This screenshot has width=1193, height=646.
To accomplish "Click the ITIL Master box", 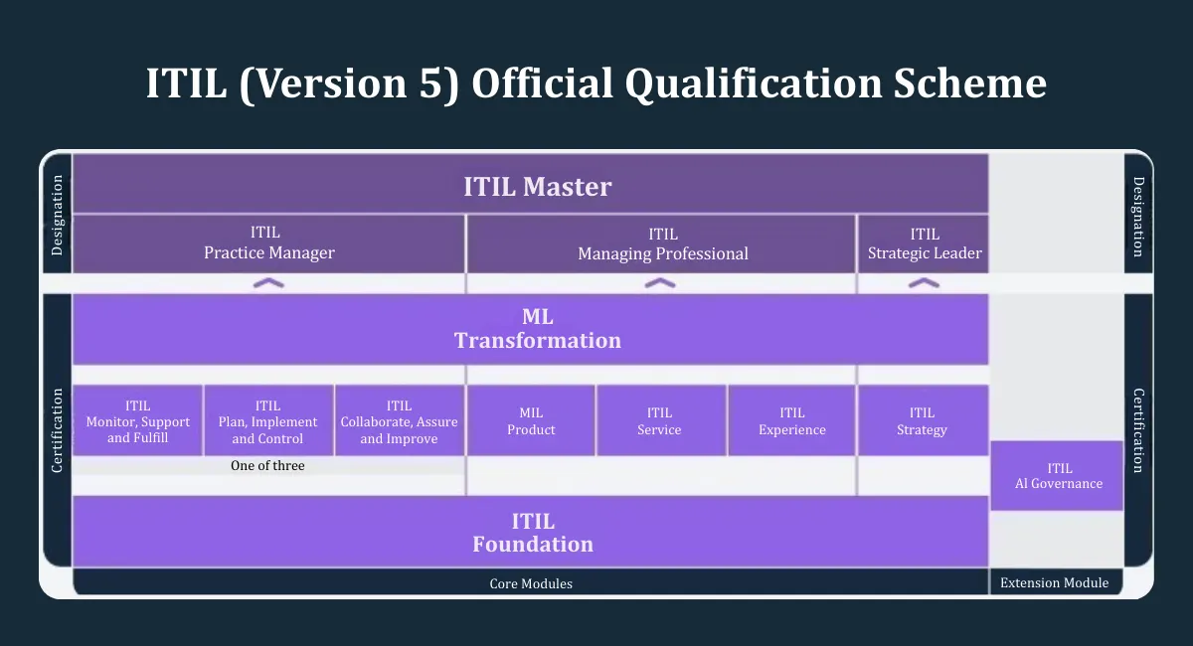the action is point(531,184).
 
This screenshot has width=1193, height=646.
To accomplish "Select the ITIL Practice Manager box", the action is point(268,243).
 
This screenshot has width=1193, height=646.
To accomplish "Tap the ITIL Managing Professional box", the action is point(661,243).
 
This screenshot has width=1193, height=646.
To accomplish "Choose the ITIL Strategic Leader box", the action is point(924,243).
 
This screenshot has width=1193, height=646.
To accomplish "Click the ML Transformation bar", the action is point(531,329).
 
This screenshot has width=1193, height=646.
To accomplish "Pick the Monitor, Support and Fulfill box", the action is point(137,420).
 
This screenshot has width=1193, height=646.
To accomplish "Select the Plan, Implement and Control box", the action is point(268,420).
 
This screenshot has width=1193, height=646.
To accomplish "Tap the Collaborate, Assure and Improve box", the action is point(400,420).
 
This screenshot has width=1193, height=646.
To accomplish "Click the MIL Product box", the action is point(531,420).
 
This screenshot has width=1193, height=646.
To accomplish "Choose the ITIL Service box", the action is point(661,420).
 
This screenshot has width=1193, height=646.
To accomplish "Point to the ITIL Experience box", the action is point(792,420).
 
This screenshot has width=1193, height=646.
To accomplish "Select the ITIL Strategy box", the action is point(924,420).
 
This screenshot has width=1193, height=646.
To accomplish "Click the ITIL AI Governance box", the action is point(1057,476).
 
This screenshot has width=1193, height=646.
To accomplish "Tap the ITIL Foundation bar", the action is point(531,532).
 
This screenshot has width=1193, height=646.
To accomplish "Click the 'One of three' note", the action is point(267,465).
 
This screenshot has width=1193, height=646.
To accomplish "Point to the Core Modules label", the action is point(531,583).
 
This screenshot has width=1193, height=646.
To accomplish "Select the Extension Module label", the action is point(1055,582).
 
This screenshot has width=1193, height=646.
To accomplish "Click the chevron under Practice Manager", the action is point(268,283).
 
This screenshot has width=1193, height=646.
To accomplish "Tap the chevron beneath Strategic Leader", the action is point(924,283).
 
